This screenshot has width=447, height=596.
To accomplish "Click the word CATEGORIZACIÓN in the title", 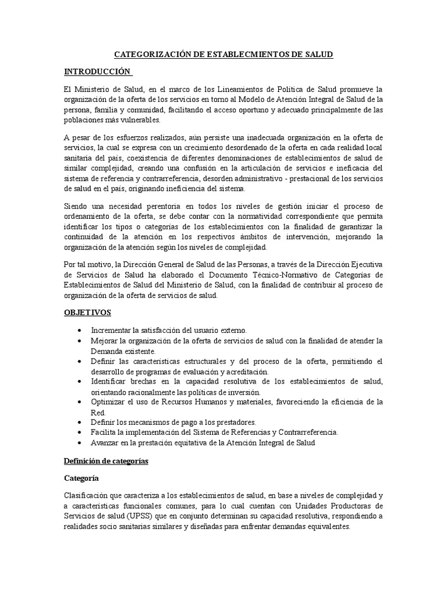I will [149, 54].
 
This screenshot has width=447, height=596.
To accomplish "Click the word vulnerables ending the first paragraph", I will [140, 120].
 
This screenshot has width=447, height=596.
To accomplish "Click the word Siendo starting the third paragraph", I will [76, 207].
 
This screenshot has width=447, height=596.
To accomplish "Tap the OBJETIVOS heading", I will [87, 313].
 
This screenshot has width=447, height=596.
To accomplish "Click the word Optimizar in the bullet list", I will [109, 402].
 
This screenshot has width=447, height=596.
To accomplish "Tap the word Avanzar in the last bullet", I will [108, 443].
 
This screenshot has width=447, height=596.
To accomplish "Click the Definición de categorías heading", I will [106, 461].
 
